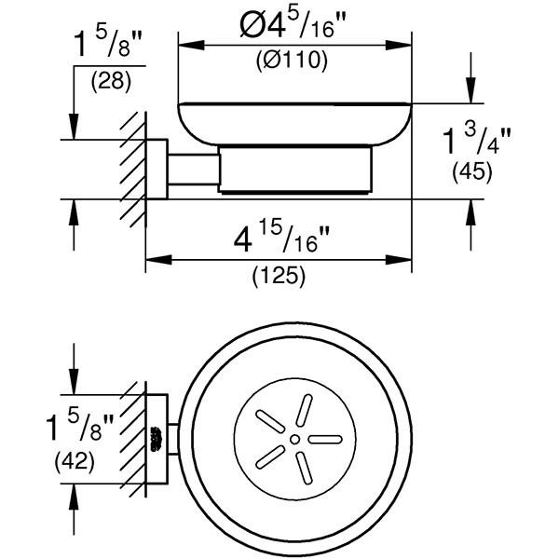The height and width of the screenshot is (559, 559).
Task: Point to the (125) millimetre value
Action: (279, 276)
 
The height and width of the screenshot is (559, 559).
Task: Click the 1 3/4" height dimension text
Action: (484, 142)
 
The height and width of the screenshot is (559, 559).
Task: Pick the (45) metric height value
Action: (470, 172)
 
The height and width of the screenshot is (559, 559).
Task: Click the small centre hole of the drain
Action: (294, 438)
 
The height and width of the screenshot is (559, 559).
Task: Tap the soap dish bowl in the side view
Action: (293, 121)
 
